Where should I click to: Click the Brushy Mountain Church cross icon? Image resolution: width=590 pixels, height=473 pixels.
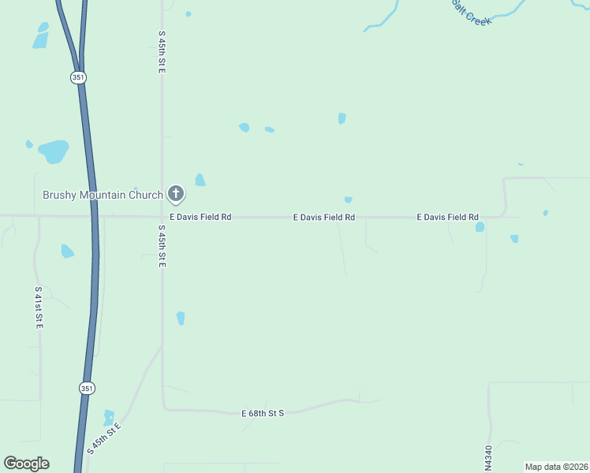[176, 193]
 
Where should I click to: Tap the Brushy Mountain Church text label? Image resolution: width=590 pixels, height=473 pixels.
[103, 195]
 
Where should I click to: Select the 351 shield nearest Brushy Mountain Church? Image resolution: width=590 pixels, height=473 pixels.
[78, 77]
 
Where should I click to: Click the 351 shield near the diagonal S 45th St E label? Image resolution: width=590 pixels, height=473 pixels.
[87, 388]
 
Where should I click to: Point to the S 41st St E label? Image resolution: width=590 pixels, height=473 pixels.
[38, 307]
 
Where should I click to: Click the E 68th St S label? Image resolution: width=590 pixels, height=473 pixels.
[262, 413]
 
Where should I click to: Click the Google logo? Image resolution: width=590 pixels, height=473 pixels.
[26, 464]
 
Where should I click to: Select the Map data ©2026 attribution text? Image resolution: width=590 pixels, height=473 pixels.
[556, 467]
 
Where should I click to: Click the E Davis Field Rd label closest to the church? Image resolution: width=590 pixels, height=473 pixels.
[200, 217]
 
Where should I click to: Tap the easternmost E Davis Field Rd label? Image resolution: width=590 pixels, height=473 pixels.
[447, 217]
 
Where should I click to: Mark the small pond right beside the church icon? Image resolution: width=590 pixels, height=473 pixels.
[200, 180]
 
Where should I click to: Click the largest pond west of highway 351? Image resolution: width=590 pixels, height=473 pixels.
[54, 151]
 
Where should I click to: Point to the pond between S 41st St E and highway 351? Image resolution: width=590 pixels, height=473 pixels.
[67, 251]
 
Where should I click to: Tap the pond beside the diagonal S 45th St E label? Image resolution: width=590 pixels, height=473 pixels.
[109, 417]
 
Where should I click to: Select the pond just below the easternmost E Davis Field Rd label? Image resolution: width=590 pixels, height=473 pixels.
[480, 227]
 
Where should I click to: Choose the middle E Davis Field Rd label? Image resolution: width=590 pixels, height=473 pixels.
[323, 217]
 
